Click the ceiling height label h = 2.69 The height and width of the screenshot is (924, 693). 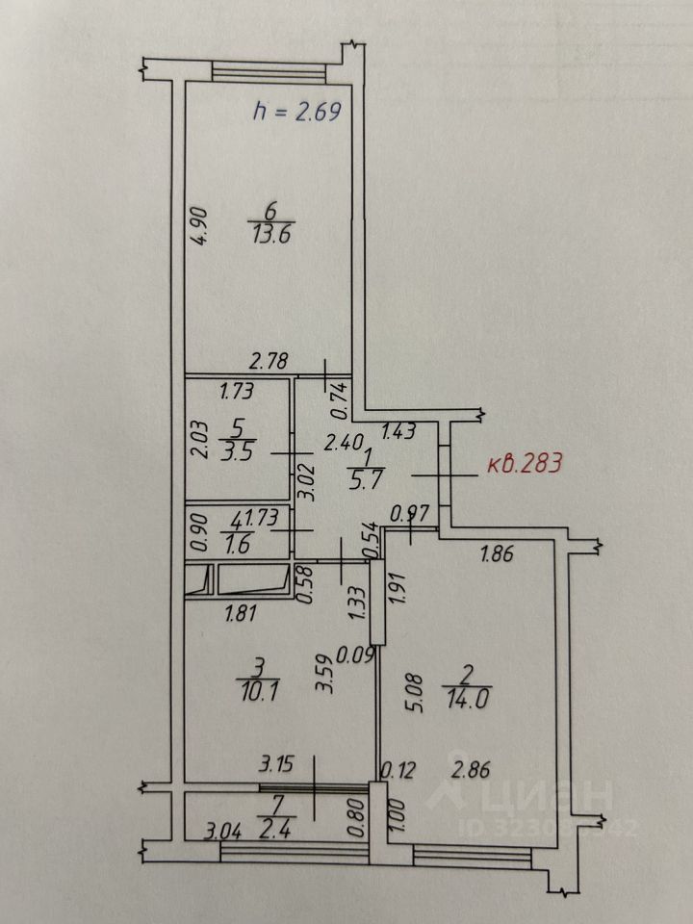[297, 112]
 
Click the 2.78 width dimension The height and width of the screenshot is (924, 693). [270, 362]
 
